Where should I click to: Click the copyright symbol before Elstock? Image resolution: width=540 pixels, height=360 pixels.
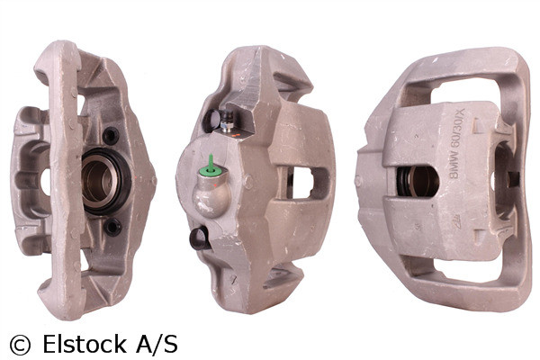(x=19, y=344)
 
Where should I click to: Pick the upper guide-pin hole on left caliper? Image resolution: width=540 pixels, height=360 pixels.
(x=112, y=137)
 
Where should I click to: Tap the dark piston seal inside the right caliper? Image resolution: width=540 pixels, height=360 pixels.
(x=419, y=182)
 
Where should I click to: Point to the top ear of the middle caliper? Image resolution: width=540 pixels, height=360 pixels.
(x=261, y=63)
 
